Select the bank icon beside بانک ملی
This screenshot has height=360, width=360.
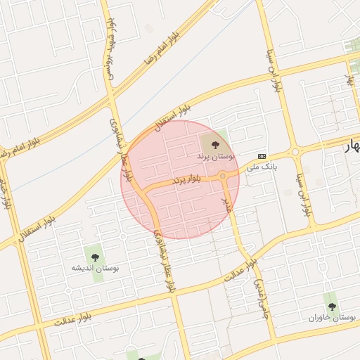point(262,155)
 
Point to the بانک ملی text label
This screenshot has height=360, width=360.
point(261,167)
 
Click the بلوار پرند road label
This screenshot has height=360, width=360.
point(187,180)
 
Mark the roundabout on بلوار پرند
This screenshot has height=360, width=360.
point(222,175)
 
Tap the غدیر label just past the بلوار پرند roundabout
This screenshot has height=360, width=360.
point(226,205)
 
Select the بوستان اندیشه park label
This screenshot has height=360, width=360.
point(96,268)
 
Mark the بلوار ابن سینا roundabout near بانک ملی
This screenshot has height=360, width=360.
point(295,150)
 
